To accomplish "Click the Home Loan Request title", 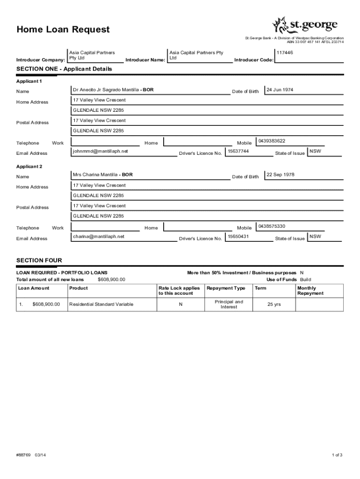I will (x=63, y=30).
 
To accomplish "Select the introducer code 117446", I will (x=285, y=53).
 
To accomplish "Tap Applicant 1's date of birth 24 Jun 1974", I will (x=280, y=89).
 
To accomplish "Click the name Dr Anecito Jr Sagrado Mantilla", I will (x=106, y=89).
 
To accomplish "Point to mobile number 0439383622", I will (x=272, y=141).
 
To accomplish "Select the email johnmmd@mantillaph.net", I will (x=100, y=151).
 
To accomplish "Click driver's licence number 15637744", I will (x=238, y=151).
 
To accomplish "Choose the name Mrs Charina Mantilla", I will (x=95, y=174).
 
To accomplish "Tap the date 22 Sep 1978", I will (x=281, y=174).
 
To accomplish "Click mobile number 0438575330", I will (x=272, y=226).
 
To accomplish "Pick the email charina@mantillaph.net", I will (x=99, y=236).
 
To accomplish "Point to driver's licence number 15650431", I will (x=238, y=236).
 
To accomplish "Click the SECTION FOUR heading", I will (x=39, y=260).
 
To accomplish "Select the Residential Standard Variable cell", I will (x=101, y=305).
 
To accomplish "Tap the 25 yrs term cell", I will (x=274, y=305).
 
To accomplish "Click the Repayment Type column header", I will (x=226, y=288).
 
